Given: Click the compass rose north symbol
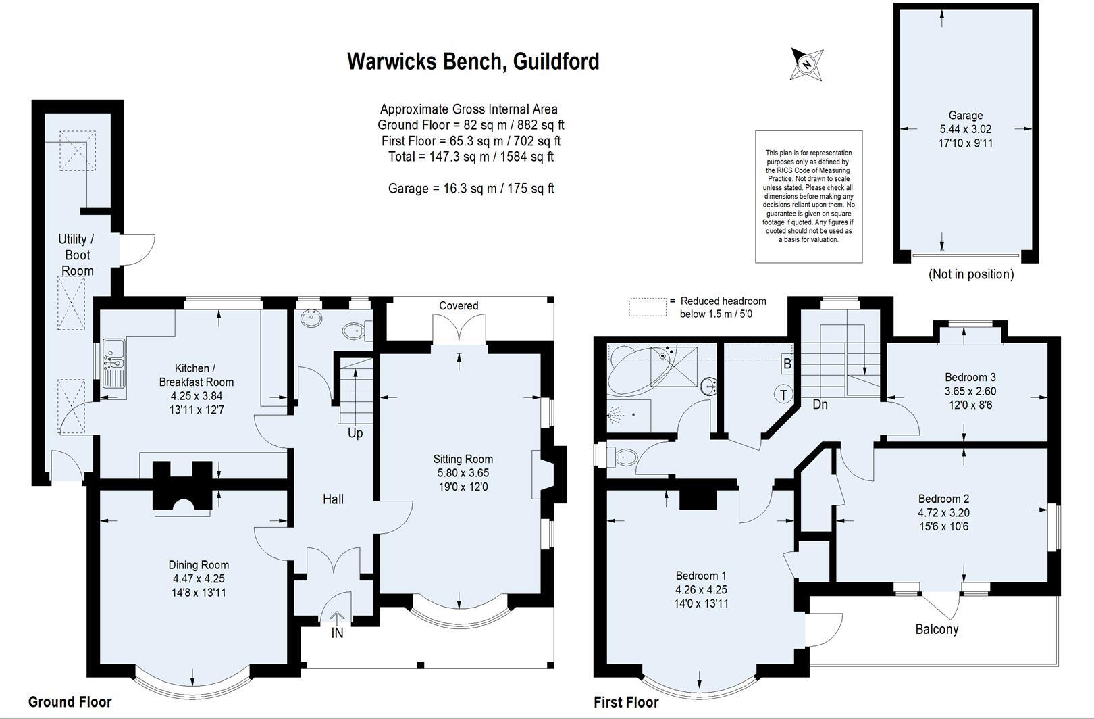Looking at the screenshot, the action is pyautogui.click(x=806, y=65).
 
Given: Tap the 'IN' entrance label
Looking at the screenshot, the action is pyautogui.click(x=337, y=633).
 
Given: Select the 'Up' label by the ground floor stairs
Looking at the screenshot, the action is pyautogui.click(x=355, y=432).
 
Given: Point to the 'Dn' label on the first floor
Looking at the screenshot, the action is pyautogui.click(x=820, y=405).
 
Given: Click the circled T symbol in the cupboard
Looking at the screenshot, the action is pyautogui.click(x=783, y=394).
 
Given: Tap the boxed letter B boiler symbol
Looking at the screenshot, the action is pyautogui.click(x=787, y=364).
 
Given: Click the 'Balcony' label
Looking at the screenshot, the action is pyautogui.click(x=937, y=629).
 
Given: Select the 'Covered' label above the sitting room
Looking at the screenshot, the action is pyautogui.click(x=459, y=306).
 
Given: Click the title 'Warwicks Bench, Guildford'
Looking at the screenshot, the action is pyautogui.click(x=473, y=61).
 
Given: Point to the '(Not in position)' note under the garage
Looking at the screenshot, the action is pyautogui.click(x=971, y=274).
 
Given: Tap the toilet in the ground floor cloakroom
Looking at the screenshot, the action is pyautogui.click(x=355, y=331).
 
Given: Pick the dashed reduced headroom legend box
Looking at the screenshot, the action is pyautogui.click(x=647, y=307).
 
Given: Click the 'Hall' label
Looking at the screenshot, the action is pyautogui.click(x=333, y=499).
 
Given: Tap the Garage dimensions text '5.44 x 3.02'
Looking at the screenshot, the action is pyautogui.click(x=965, y=129).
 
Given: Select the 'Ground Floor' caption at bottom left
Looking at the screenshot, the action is pyautogui.click(x=70, y=701).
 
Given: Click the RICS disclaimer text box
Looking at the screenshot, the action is pyautogui.click(x=808, y=197).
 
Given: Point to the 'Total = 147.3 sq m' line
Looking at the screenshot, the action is pyautogui.click(x=471, y=157).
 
